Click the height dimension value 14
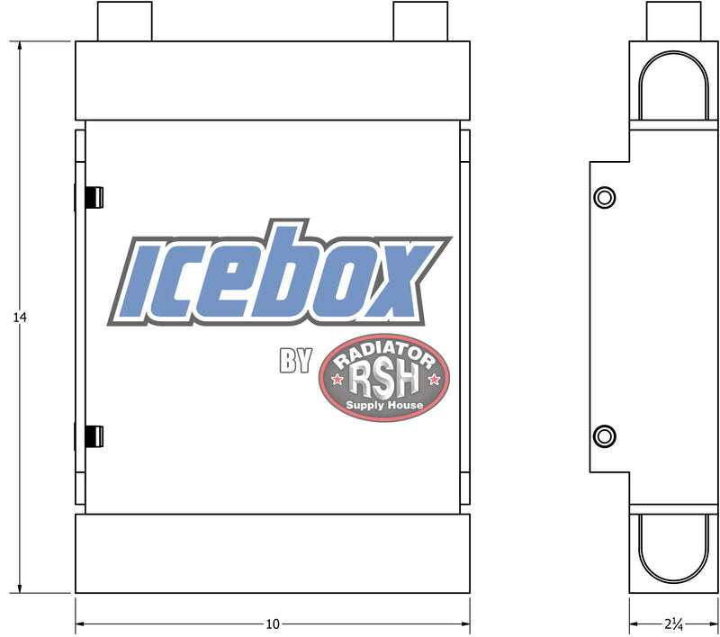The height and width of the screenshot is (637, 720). tap(20, 317)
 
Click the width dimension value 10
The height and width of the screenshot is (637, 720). tap(273, 624)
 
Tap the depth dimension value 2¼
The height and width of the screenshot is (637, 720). tap(673, 624)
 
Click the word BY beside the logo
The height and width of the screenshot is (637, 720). tap(296, 360)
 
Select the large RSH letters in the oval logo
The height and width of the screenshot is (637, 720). tap(384, 381)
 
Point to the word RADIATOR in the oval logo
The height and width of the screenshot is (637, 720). tap(384, 354)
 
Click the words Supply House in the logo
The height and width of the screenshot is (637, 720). tap(384, 405)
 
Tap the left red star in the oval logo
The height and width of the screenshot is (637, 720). tap(337, 380)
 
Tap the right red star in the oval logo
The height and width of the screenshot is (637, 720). tap(434, 380)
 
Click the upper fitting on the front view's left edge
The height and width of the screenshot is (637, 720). tap(94, 197)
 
